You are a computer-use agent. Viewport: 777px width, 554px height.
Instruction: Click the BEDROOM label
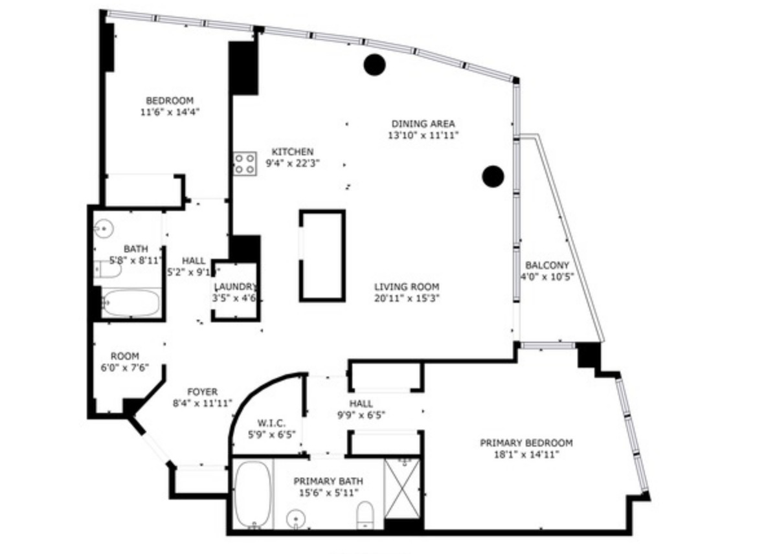pos(170,101)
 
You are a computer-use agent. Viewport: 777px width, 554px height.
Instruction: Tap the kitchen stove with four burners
pos(244,163)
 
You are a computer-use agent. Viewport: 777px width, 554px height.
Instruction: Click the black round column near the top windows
pos(374,64)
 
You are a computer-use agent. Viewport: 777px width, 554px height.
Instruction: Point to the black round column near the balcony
pos(493,176)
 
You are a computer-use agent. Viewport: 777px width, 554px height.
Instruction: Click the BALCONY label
pos(547,265)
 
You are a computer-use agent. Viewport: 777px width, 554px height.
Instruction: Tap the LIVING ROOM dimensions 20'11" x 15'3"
pos(407,298)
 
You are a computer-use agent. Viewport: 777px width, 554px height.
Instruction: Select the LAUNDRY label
pos(236,287)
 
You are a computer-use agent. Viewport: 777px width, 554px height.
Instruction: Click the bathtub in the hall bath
pos(131,304)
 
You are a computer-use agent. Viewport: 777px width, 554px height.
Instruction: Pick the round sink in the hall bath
pos(104,228)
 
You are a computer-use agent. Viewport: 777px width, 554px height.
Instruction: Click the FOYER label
pos(202,392)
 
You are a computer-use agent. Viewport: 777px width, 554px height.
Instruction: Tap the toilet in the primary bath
pos(365,514)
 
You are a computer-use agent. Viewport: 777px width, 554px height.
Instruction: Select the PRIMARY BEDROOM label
pos(526,443)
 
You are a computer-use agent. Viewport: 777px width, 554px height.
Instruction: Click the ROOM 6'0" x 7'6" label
pos(125,356)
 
